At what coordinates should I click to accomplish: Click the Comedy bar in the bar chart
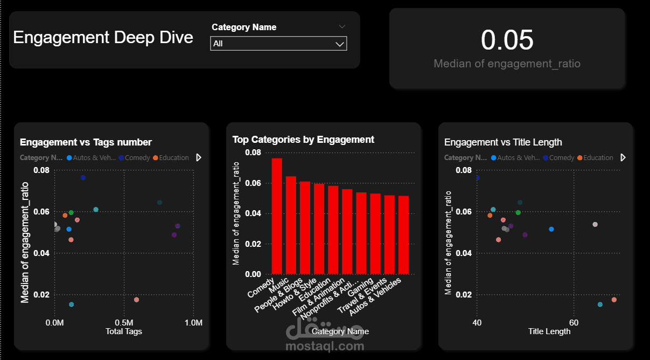pyautogui.click(x=277, y=216)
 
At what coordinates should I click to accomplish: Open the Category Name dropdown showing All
pyautogui.click(x=278, y=44)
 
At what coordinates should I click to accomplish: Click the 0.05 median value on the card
pyautogui.click(x=507, y=40)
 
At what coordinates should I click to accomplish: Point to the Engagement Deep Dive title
pyautogui.click(x=103, y=37)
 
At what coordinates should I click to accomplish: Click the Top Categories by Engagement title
pyautogui.click(x=303, y=140)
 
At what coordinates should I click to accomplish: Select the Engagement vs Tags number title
pyautogui.click(x=86, y=142)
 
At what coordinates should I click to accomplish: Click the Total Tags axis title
pyautogui.click(x=123, y=331)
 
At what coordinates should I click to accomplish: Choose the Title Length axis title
pyautogui.click(x=549, y=331)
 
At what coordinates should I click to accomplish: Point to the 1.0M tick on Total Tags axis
pyautogui.click(x=193, y=323)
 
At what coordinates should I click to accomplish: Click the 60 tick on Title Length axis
pyautogui.click(x=574, y=323)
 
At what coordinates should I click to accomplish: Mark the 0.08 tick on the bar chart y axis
pyautogui.click(x=253, y=153)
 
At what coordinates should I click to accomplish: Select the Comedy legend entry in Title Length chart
pyautogui.click(x=561, y=158)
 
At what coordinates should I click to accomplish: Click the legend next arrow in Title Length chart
pyautogui.click(x=623, y=157)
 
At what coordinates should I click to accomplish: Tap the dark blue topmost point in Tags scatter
pyautogui.click(x=83, y=178)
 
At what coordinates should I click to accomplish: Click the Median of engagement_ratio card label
pyautogui.click(x=507, y=64)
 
